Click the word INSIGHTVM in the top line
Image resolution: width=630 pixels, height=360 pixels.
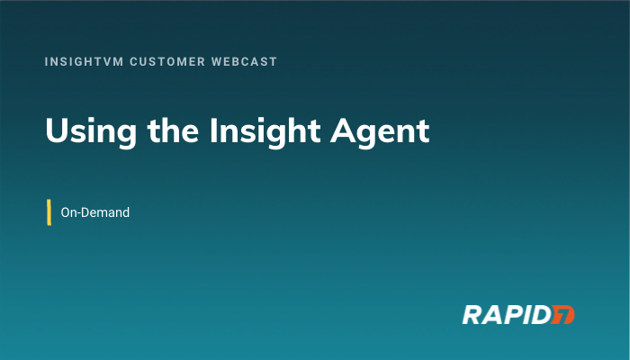(x=84, y=61)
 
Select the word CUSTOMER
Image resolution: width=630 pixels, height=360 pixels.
(x=167, y=61)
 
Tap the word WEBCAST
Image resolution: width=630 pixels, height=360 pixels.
(x=244, y=61)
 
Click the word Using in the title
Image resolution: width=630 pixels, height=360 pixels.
(x=91, y=132)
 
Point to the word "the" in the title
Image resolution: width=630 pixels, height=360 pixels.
(x=173, y=130)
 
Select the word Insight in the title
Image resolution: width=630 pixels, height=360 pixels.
(x=265, y=132)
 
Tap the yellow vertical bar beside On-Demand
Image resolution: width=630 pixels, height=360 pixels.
(x=49, y=212)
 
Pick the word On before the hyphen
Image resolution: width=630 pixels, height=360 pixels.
(x=67, y=212)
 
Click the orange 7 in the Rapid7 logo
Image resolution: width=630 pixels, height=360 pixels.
(x=562, y=315)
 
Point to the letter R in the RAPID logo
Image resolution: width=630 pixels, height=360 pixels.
(x=472, y=315)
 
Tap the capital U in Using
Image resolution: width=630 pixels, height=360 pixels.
(x=57, y=130)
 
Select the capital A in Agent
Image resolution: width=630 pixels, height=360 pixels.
(x=343, y=130)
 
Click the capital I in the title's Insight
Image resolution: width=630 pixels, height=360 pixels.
(x=213, y=130)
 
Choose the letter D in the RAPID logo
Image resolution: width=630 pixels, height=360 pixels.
(x=541, y=315)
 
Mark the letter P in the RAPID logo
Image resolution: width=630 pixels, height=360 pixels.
(x=511, y=315)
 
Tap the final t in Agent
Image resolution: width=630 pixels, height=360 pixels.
(x=424, y=132)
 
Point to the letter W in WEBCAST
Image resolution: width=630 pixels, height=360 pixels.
(x=217, y=61)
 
